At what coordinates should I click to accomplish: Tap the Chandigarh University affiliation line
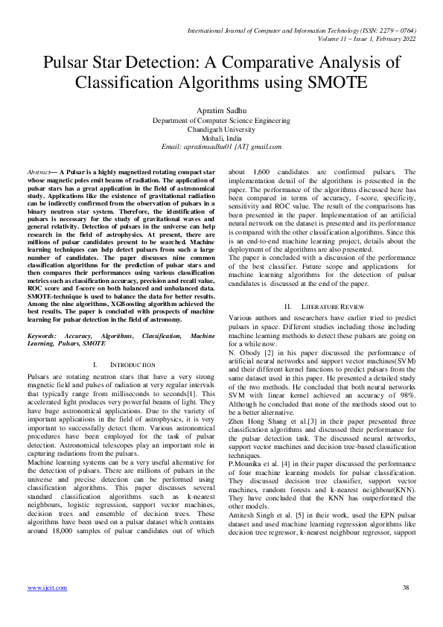[221, 128]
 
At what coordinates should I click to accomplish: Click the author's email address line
[221, 147]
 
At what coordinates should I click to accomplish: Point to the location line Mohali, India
[221, 138]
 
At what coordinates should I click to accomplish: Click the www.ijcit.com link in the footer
[47, 588]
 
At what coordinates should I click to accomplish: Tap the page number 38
[406, 588]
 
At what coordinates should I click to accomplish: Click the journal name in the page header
[298, 30]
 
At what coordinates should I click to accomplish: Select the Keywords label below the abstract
[45, 337]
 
